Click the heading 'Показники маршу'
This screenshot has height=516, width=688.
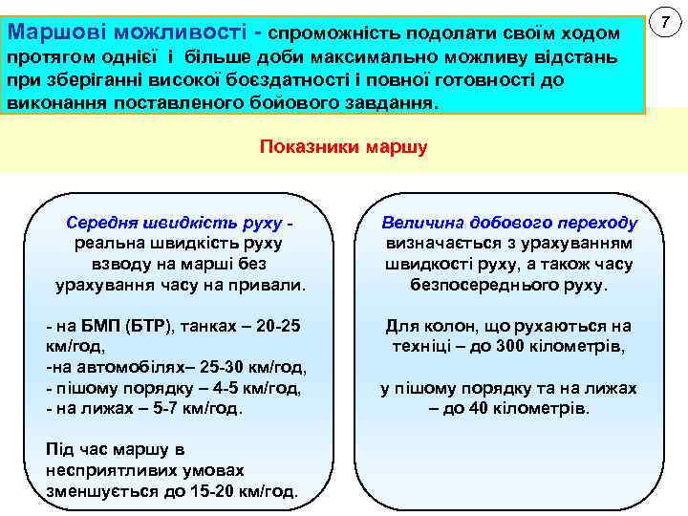point(343,148)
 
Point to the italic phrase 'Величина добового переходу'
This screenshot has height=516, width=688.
point(508,223)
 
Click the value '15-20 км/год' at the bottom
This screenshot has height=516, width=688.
point(249,492)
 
